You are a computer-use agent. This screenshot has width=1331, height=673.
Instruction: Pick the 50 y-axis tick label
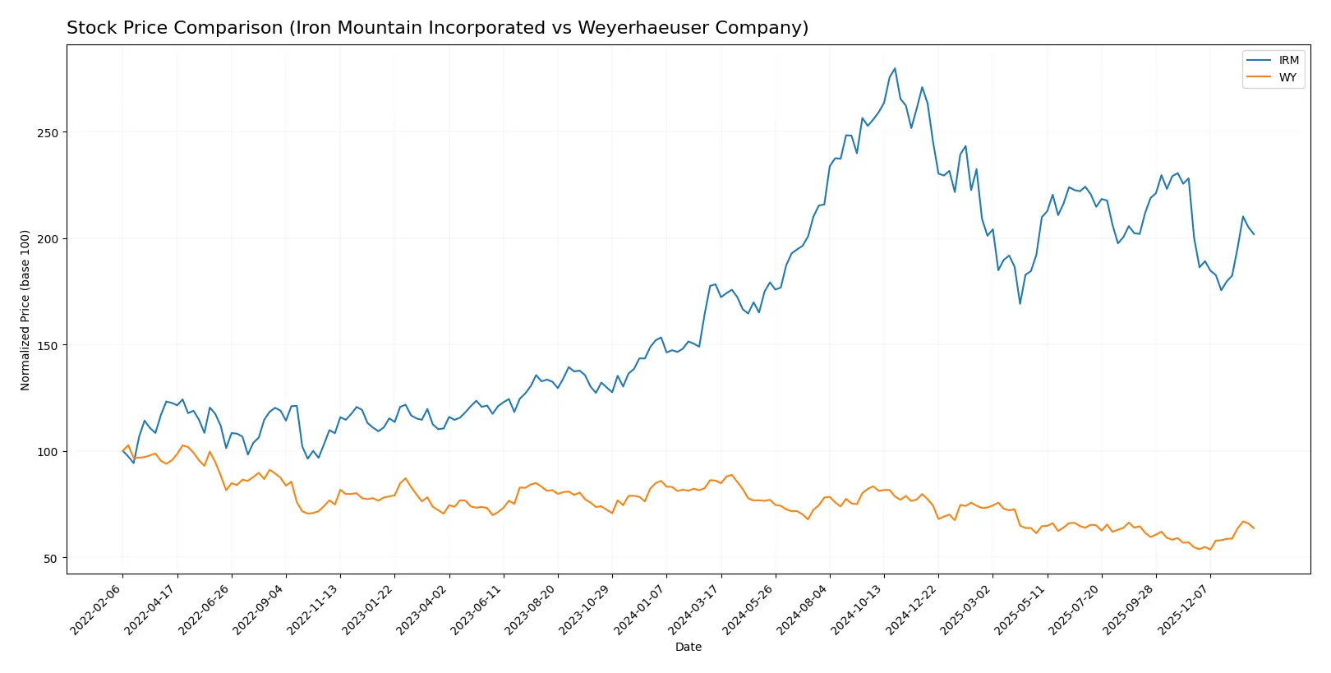(52, 559)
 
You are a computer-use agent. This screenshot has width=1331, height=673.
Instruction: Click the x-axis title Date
(689, 648)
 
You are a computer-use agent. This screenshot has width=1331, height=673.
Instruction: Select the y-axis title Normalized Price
(25, 310)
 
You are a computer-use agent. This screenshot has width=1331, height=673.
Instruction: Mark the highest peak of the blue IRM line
(895, 68)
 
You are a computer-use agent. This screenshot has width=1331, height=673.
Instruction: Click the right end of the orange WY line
(1254, 528)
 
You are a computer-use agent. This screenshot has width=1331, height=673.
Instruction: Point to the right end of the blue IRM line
(1254, 234)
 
